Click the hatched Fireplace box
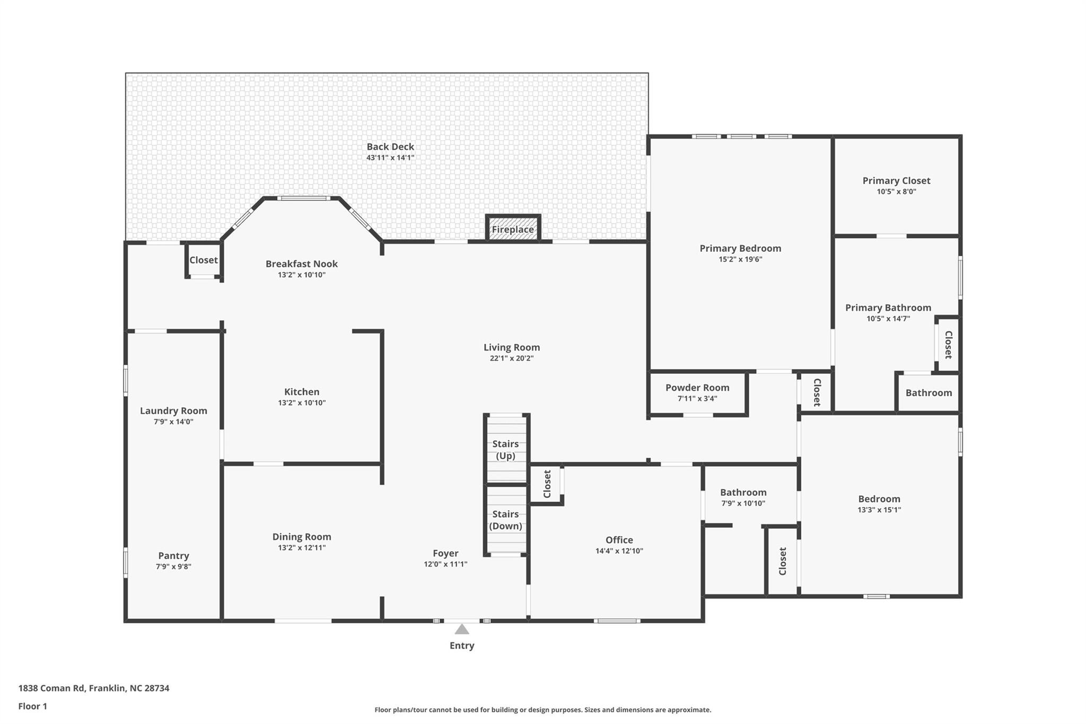click(x=513, y=229)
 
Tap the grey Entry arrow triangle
click(x=462, y=630)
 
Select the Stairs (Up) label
click(x=505, y=450)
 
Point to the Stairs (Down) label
click(x=505, y=520)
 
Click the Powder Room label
click(x=697, y=388)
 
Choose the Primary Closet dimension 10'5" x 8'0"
click(x=896, y=191)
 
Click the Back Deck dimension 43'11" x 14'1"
click(x=390, y=158)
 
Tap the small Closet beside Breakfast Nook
click(x=204, y=260)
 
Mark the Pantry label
click(x=173, y=555)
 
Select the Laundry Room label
click(x=173, y=411)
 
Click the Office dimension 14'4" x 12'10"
click(x=619, y=551)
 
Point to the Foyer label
click(x=445, y=553)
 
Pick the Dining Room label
click(x=302, y=537)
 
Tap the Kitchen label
click(x=302, y=392)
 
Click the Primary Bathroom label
click(x=888, y=308)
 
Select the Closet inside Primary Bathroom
click(x=948, y=345)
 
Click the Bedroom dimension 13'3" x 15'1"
click(x=879, y=510)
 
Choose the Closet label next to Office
click(x=547, y=484)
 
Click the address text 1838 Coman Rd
click(x=52, y=688)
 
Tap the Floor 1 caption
click(x=32, y=706)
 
